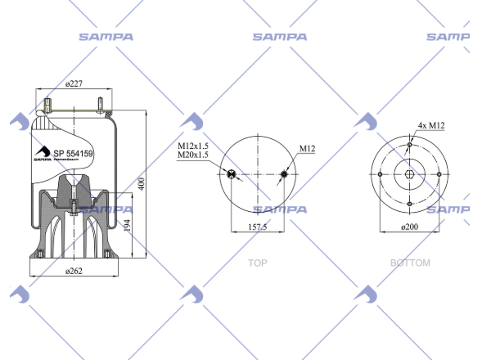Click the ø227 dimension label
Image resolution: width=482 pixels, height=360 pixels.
(x=74, y=83)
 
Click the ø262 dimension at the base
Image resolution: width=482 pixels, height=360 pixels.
(x=74, y=271)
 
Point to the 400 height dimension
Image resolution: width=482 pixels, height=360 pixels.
(x=141, y=184)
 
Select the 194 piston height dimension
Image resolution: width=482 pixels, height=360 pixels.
(x=128, y=225)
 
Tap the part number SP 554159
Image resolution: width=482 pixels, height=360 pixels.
(x=73, y=153)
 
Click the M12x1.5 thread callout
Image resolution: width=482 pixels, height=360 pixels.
(x=193, y=146)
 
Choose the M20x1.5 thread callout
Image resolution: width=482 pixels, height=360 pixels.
(x=193, y=155)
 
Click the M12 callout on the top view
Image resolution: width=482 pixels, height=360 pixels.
(x=308, y=149)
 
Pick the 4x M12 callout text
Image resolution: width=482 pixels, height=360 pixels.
(x=431, y=125)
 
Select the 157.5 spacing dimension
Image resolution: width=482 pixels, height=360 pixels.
(x=258, y=227)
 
